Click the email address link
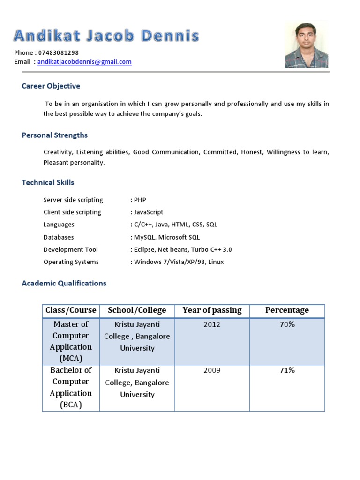84,62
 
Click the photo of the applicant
306,45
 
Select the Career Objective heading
51,86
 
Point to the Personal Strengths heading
55,135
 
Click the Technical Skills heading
48,182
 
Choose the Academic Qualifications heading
64,283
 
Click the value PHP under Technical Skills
140,200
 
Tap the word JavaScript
149,212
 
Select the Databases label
59,237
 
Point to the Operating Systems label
71,262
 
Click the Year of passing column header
212,310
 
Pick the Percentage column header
287,310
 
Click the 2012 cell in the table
212,324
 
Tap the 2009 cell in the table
212,371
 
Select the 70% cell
287,324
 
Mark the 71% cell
287,371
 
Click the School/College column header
137,310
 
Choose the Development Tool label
71,250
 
